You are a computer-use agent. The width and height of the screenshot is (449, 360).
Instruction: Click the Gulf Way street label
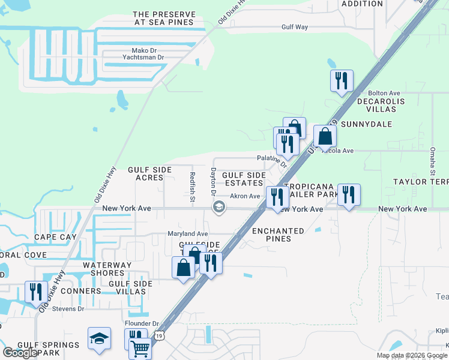295,27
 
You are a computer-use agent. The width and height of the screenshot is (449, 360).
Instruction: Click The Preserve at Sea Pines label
163,18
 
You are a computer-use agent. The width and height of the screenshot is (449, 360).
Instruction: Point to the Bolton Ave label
384,94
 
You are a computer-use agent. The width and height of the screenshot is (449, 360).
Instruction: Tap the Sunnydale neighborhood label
372,124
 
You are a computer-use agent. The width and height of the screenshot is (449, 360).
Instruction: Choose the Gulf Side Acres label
146,174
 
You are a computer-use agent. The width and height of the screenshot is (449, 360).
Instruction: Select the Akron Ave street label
245,196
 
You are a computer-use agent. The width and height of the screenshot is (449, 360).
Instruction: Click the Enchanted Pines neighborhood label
280,235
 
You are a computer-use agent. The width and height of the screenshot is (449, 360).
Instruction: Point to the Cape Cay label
55,237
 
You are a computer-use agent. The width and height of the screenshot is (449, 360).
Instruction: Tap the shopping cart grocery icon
140,347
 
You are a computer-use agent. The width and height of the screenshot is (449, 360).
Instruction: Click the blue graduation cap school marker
99,338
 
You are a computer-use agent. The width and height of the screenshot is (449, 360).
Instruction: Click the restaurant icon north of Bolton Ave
342,80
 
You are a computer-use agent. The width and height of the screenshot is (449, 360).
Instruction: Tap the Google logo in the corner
20,353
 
